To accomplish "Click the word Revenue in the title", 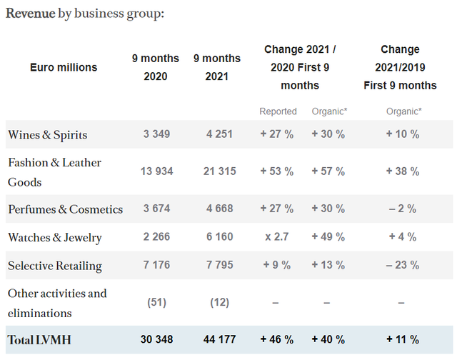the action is [30, 13].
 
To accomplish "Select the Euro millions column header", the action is [64, 67].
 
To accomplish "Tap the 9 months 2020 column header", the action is [156, 67].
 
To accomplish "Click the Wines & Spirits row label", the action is [48, 135].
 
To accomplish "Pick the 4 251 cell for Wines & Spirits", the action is [219, 134].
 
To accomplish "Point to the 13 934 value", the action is [157, 171].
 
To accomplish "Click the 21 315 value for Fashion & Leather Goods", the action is [219, 171].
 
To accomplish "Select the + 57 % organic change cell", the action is [328, 171].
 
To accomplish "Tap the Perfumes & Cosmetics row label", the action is [65, 209].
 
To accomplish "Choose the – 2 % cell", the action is [403, 209].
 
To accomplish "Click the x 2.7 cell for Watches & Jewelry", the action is [277, 236].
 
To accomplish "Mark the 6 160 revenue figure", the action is [219, 236].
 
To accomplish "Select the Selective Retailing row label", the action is [55, 266].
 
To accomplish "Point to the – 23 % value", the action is [403, 265].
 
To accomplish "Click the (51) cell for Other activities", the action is [157, 302].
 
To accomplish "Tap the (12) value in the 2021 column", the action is [219, 302].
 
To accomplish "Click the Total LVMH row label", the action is [39, 340].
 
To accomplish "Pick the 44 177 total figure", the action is [219, 339].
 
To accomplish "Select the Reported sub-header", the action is [278, 111].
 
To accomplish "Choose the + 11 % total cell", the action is [403, 339].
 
